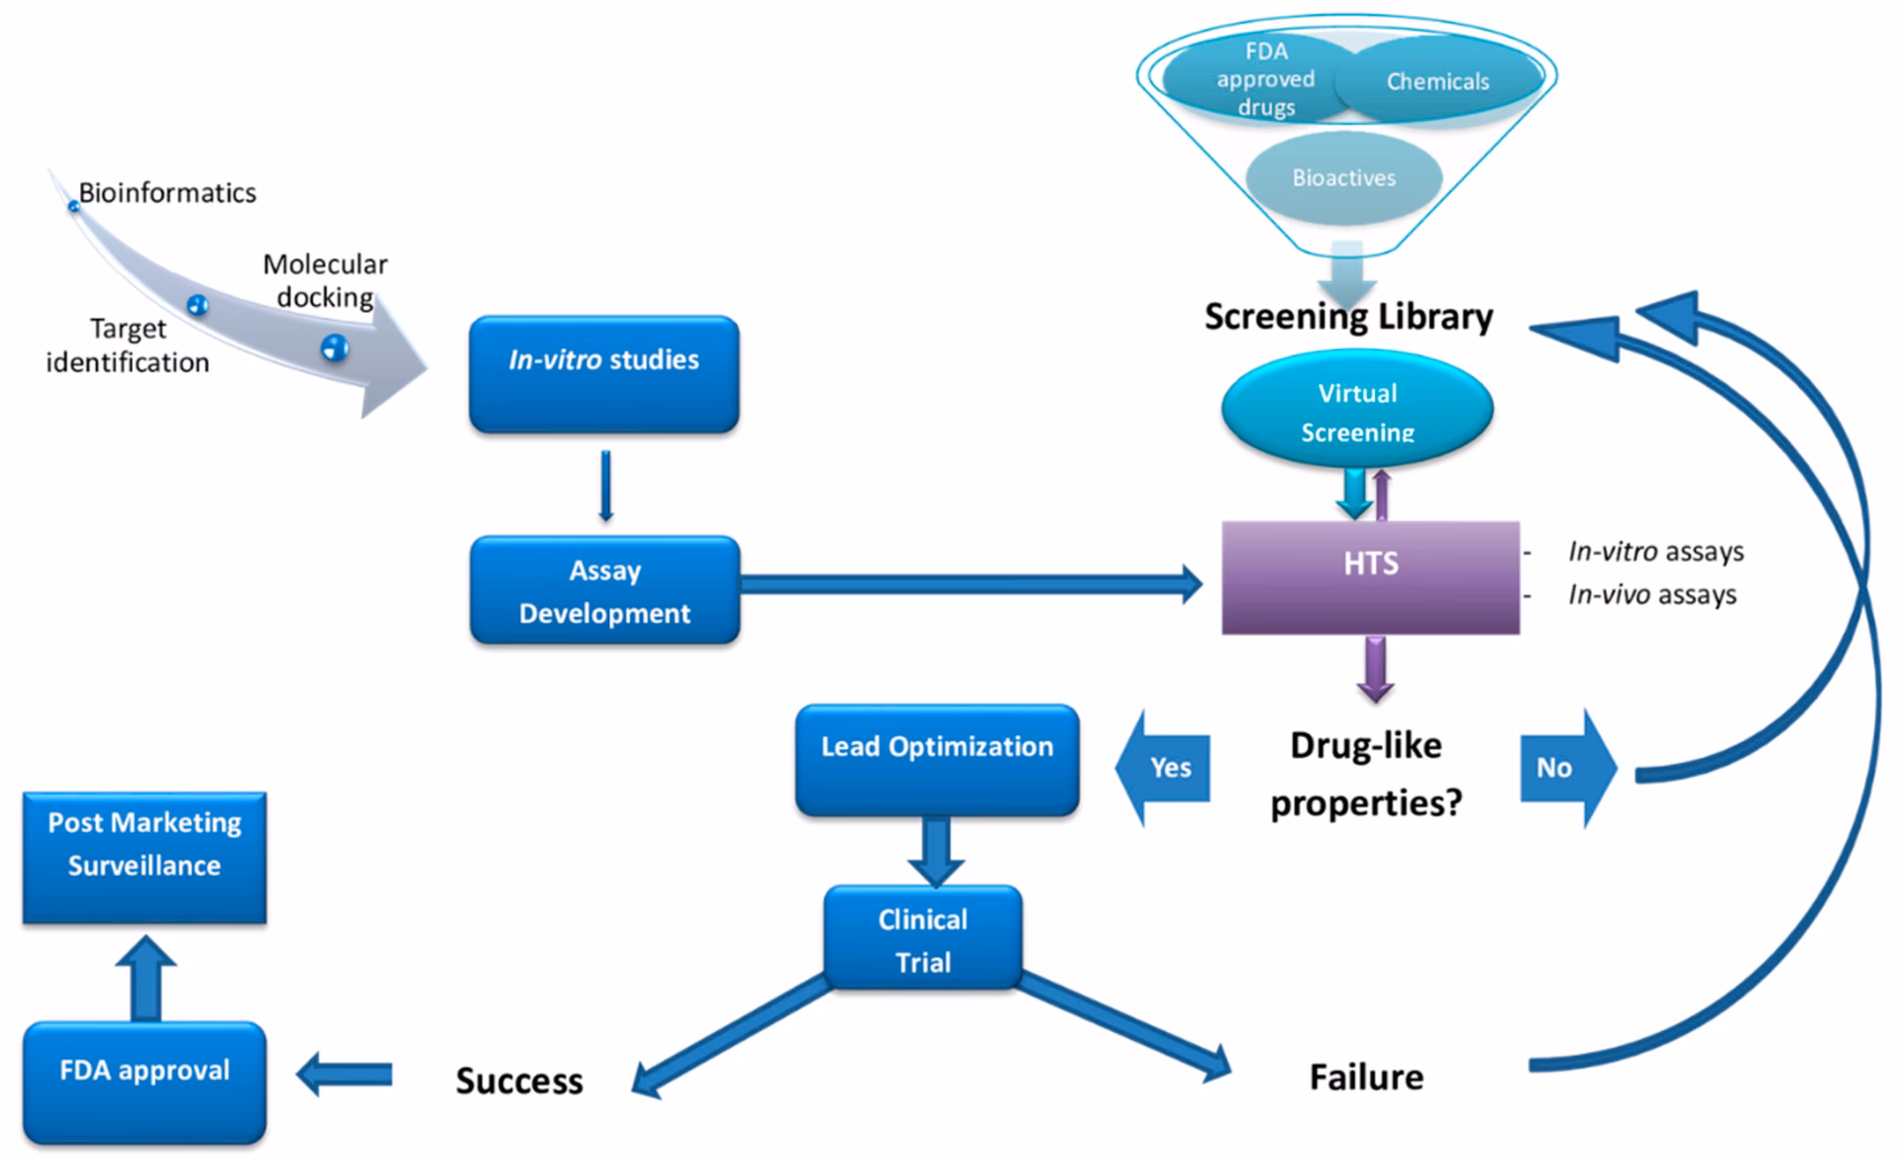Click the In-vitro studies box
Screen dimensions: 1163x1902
coord(603,373)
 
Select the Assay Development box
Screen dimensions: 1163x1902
coord(604,590)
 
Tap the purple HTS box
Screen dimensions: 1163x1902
coord(1370,577)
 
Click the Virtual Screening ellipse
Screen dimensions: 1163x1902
coord(1357,410)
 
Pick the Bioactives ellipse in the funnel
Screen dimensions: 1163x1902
coord(1343,177)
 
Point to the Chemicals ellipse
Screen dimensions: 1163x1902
coord(1437,81)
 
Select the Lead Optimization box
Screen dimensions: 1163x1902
coord(937,760)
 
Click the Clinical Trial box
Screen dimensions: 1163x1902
coord(922,938)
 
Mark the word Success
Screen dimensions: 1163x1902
coord(519,1081)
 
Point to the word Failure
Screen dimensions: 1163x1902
coord(1366,1077)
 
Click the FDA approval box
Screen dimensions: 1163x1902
coord(145,1082)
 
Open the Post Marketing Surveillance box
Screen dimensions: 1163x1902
coord(145,857)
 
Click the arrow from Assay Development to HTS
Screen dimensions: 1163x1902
coord(971,584)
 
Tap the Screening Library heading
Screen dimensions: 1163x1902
coord(1348,317)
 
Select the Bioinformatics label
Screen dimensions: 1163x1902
coord(167,192)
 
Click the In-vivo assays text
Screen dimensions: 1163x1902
coord(1651,594)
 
